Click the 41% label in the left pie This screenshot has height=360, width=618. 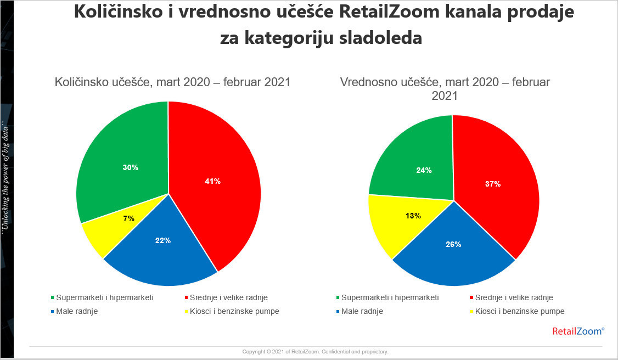[213, 181]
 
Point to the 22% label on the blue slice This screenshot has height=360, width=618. [164, 240]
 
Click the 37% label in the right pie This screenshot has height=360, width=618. [493, 184]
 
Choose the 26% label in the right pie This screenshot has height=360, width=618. [453, 244]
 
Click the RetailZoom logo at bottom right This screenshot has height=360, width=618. [577, 331]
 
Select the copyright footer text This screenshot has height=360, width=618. [315, 351]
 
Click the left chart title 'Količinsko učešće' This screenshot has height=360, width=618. [172, 82]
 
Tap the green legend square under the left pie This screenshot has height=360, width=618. [52, 298]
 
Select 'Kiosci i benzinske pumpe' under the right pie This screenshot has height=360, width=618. [520, 311]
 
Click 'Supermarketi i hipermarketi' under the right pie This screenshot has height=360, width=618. [390, 297]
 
